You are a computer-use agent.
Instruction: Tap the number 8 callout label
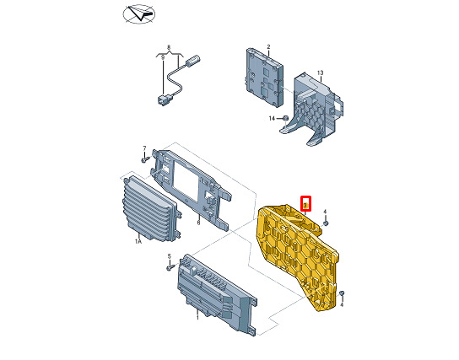(169, 47)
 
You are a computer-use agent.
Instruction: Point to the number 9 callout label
(163, 57)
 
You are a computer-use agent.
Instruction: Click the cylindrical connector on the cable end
(192, 59)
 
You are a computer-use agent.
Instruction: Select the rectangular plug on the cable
(162, 99)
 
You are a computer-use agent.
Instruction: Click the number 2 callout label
(268, 46)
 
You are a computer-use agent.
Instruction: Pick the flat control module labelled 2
(264, 78)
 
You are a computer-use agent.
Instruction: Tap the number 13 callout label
(321, 73)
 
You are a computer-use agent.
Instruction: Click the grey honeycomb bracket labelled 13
(312, 109)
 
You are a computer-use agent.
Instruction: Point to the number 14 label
(272, 118)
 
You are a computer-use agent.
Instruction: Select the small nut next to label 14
(285, 118)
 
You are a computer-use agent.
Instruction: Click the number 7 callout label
(144, 148)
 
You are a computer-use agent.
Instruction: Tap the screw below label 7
(145, 159)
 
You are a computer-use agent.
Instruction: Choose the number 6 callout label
(198, 223)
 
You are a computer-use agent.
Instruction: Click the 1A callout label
(138, 241)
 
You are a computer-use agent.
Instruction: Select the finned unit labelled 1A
(150, 207)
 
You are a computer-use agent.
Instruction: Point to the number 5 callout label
(170, 256)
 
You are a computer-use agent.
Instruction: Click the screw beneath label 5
(170, 267)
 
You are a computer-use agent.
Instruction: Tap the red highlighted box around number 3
(305, 203)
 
